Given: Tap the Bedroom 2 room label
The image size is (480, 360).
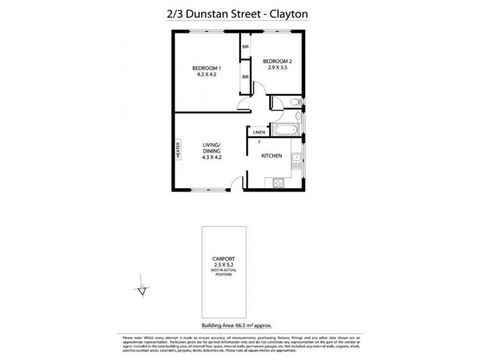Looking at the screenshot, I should (278, 61).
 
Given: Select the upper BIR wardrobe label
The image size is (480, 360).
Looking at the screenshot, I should (245, 47).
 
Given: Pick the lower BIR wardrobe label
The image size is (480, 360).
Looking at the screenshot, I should (245, 77).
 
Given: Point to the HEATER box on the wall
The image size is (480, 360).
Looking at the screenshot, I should (178, 149).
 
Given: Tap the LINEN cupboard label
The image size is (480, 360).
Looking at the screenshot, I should (259, 132).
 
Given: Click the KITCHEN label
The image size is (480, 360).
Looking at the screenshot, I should (272, 156).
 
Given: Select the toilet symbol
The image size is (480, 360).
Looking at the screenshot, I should (296, 103).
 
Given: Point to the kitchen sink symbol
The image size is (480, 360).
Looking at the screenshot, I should (296, 161).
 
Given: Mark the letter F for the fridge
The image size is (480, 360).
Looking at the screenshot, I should (259, 142).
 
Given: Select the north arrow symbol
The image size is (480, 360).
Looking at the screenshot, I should (141, 291).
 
